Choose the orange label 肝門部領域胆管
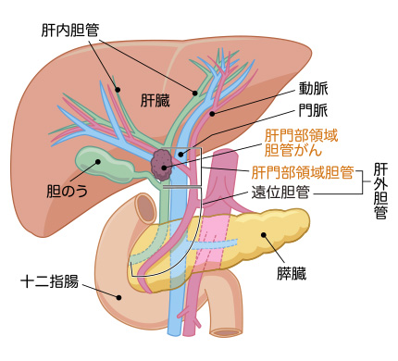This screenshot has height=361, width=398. pyautogui.click(x=302, y=171)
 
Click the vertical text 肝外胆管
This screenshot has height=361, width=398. pyautogui.click(x=380, y=193)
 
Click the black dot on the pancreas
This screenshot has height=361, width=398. pyautogui.click(x=265, y=235)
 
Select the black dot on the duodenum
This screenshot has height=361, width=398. pyautogui.click(x=118, y=296)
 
